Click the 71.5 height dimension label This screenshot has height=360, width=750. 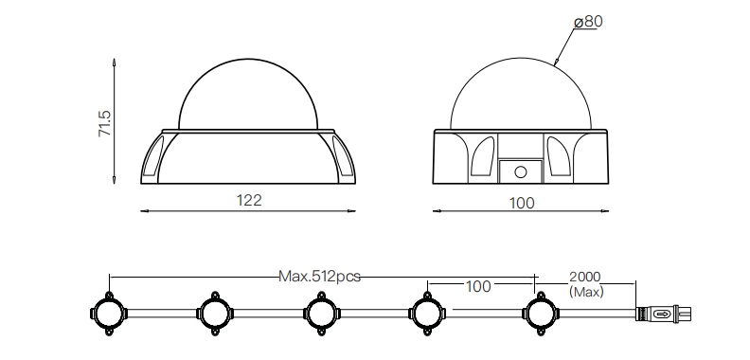click(104, 123)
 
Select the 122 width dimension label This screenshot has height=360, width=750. click(249, 200)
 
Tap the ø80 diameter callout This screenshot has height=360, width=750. click(588, 22)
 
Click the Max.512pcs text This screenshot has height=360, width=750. click(319, 277)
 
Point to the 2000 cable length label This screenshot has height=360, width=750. click(584, 277)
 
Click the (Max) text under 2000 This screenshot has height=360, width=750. click(586, 291)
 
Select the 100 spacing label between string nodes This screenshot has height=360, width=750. click(478, 286)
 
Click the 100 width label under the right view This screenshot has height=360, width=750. click(522, 203)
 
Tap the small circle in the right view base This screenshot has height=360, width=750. click(521, 171)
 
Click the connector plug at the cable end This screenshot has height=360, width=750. click(663, 314)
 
